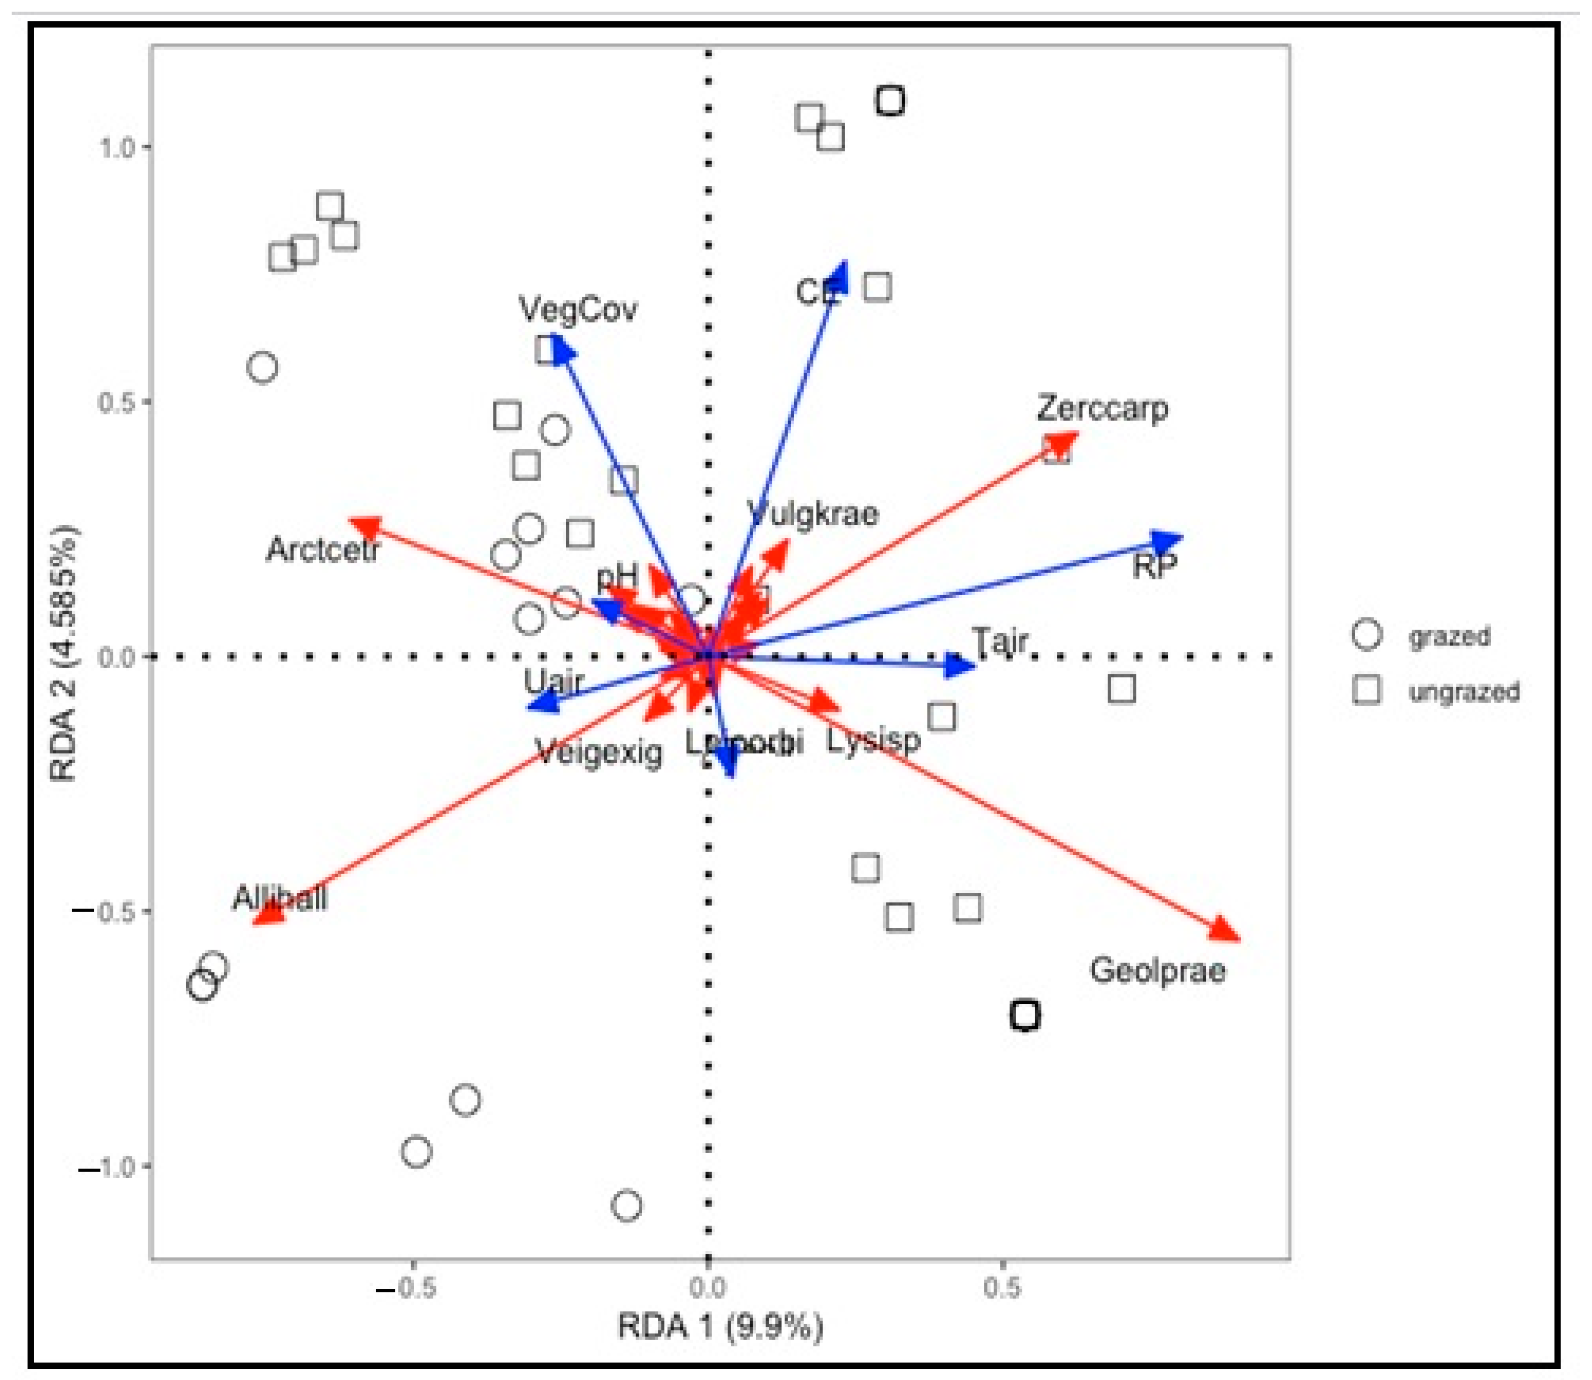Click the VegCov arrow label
click(578, 310)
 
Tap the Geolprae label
click(1157, 970)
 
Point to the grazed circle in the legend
click(1366, 635)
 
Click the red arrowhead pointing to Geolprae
click(1224, 930)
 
